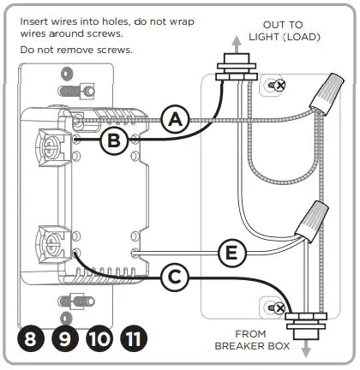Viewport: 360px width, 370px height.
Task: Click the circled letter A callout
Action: [x=177, y=121]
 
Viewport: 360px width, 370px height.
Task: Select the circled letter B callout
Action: [x=115, y=140]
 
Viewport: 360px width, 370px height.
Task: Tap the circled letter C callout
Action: [x=174, y=276]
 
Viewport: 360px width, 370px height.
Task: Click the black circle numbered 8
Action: [x=32, y=338]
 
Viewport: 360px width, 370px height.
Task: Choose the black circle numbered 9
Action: [x=64, y=338]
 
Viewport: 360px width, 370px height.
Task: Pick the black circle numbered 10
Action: [x=99, y=338]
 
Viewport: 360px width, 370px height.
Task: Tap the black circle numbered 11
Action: [x=133, y=338]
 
